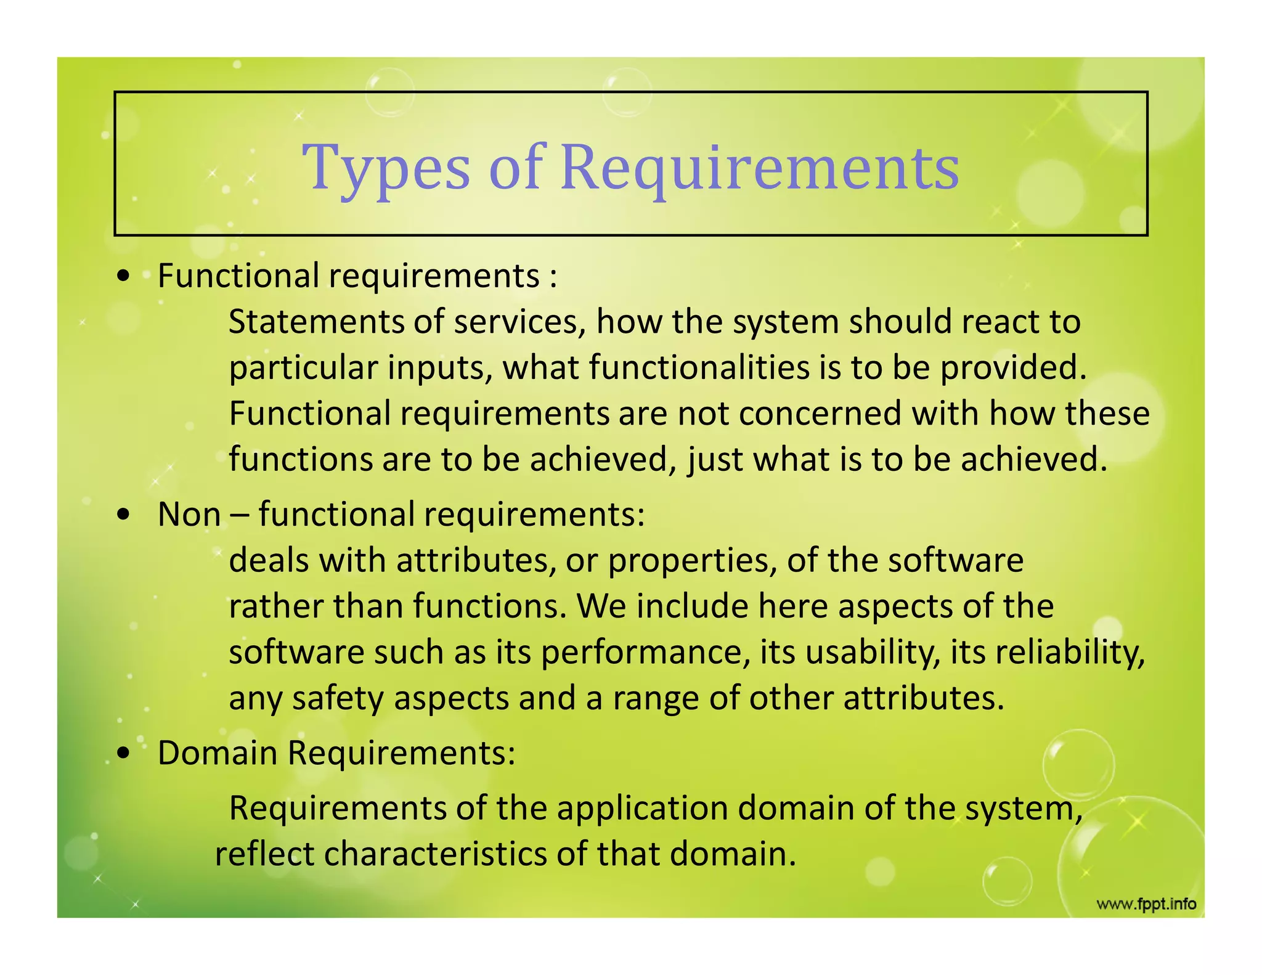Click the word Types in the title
click(386, 168)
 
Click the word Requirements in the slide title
click(760, 168)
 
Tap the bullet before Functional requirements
click(124, 277)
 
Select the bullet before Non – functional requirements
click(124, 515)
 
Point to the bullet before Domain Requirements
click(124, 754)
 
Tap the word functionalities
click(699, 367)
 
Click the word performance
click(645, 652)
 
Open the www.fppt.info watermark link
click(1146, 904)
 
